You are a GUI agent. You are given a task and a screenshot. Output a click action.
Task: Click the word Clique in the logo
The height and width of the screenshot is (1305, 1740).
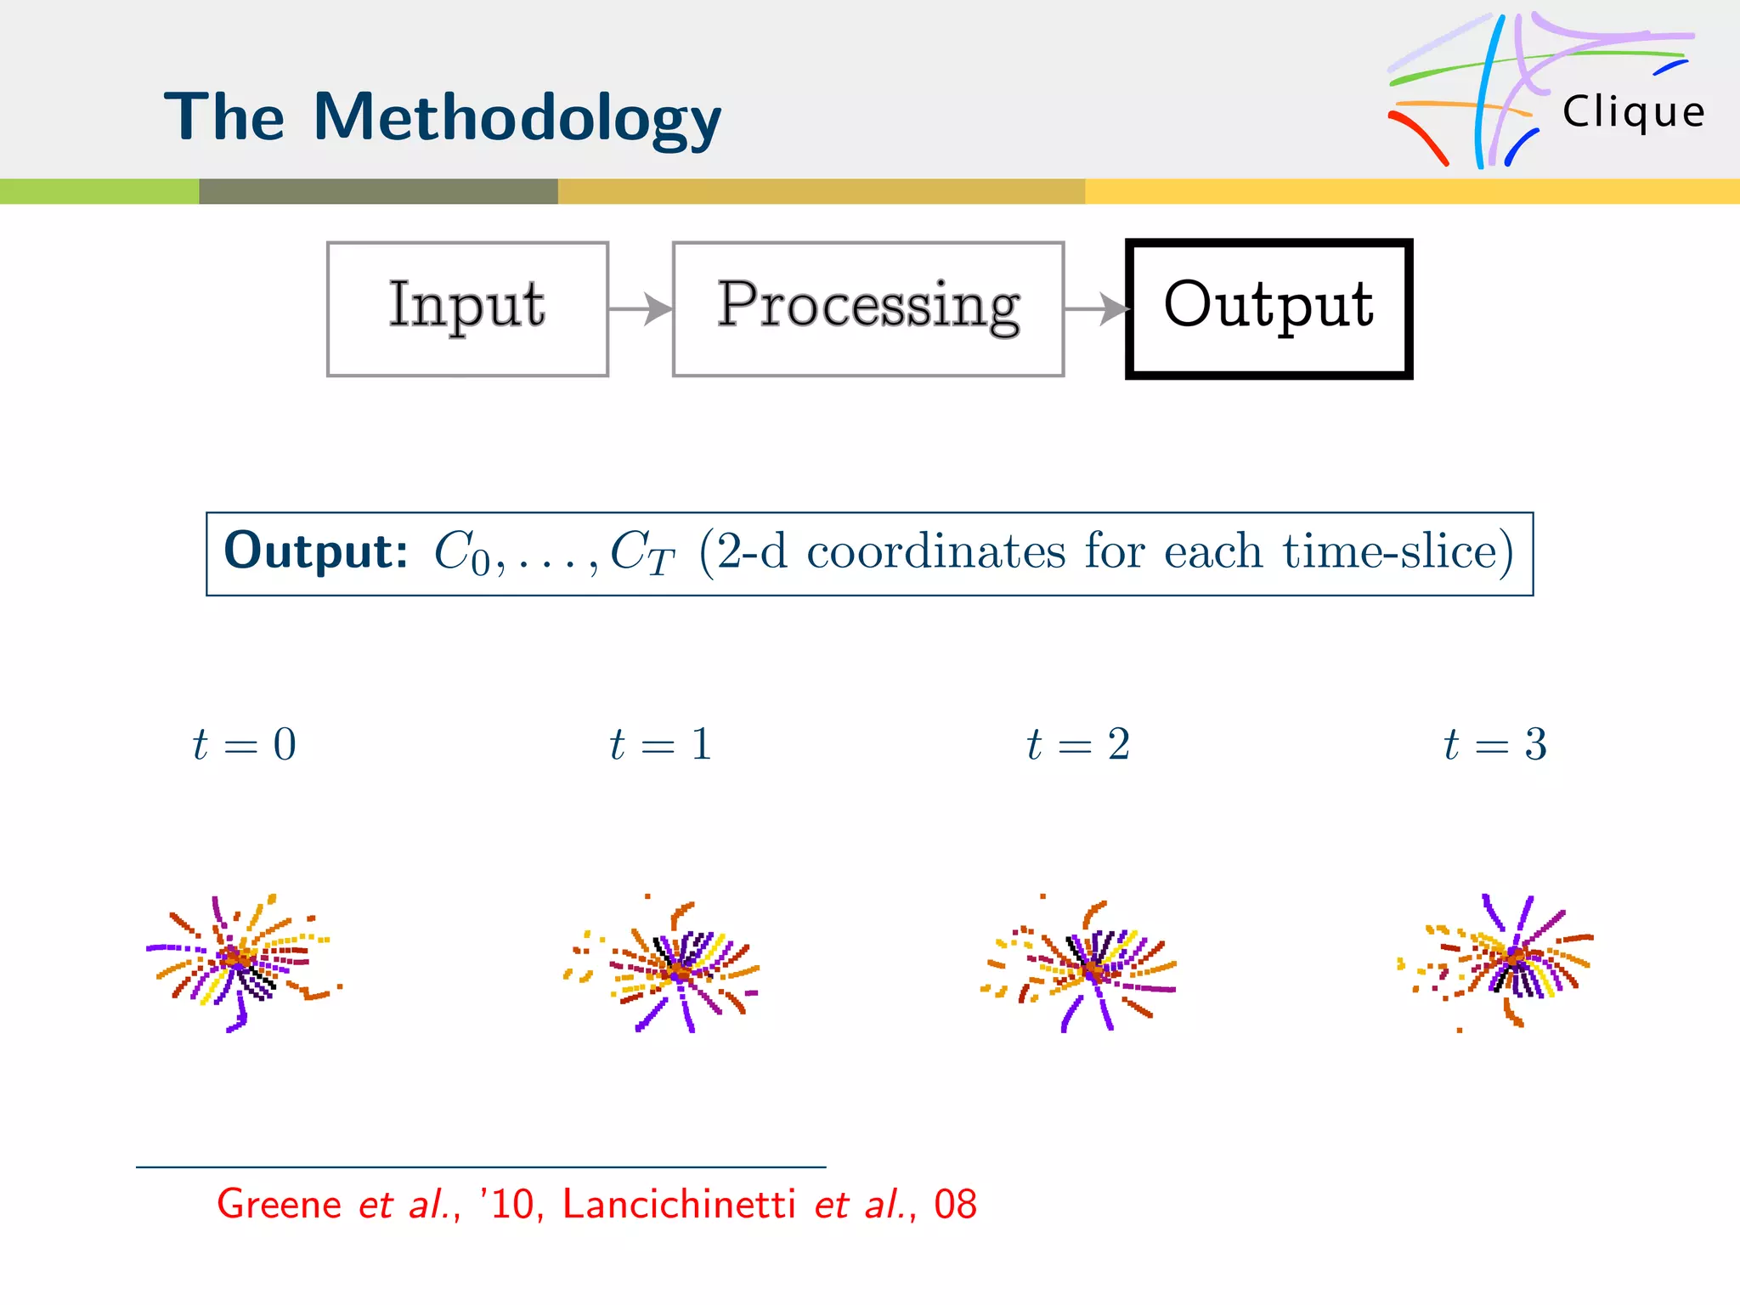(x=1633, y=112)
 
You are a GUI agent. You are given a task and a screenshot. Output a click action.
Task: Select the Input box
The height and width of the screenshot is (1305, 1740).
(x=467, y=308)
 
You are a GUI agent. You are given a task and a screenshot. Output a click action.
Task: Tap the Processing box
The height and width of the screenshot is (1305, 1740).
(x=867, y=308)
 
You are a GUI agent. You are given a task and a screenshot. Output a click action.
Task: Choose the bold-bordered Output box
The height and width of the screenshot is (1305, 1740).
(x=1268, y=308)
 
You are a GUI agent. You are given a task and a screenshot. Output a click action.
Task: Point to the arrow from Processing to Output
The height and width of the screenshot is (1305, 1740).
(x=1096, y=308)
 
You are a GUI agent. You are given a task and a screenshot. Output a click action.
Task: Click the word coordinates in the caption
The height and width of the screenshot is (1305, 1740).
(x=935, y=552)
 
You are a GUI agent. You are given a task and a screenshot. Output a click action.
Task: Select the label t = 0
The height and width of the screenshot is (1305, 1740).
(x=245, y=745)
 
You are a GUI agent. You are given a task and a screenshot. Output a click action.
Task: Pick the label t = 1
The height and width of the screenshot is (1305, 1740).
(x=661, y=745)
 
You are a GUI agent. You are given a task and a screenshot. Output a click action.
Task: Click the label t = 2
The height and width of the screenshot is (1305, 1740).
(x=1078, y=745)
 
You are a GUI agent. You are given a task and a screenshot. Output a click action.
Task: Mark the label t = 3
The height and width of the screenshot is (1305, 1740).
(x=1495, y=745)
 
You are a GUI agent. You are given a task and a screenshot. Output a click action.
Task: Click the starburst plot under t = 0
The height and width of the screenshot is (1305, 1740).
(x=241, y=962)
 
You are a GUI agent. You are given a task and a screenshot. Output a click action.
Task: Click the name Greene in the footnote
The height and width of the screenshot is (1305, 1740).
(x=279, y=1205)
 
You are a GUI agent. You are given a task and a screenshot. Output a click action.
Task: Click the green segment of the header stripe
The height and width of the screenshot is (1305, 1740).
(x=99, y=191)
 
